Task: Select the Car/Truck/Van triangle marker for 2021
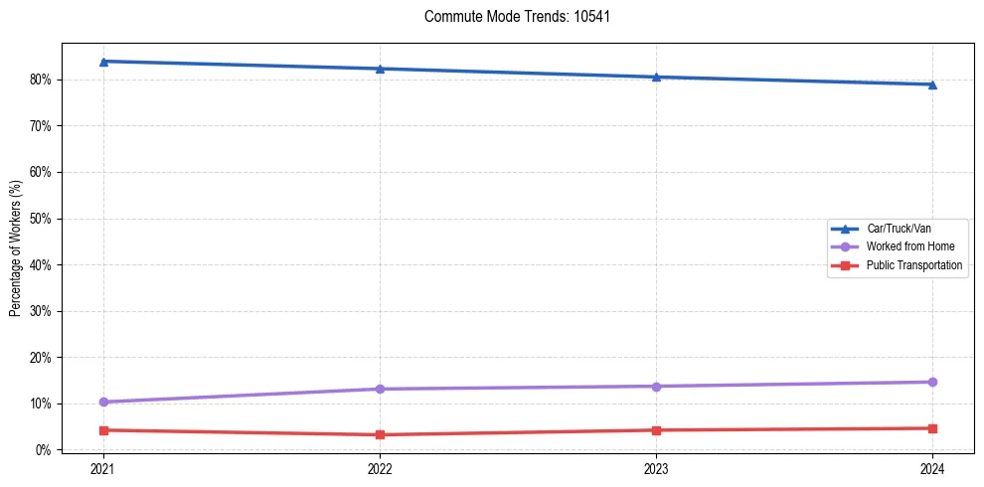point(103,62)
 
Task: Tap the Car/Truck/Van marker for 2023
point(656,77)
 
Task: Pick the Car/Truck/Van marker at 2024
point(932,84)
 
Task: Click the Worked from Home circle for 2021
point(103,402)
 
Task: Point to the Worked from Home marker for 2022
point(380,389)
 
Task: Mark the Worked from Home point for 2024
point(932,382)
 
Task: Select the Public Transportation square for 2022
point(380,434)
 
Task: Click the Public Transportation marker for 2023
point(656,430)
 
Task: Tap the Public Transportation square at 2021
point(103,430)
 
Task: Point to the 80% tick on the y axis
point(42,80)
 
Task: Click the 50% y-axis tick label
point(42,219)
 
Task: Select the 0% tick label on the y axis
point(45,450)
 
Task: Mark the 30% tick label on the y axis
point(42,311)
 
